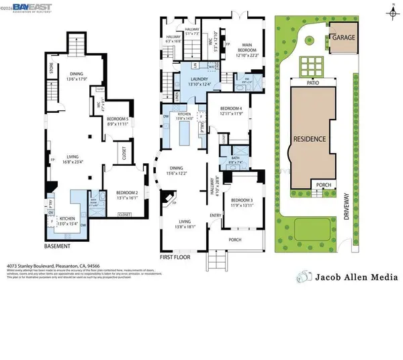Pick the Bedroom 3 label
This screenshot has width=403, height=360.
241,202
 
